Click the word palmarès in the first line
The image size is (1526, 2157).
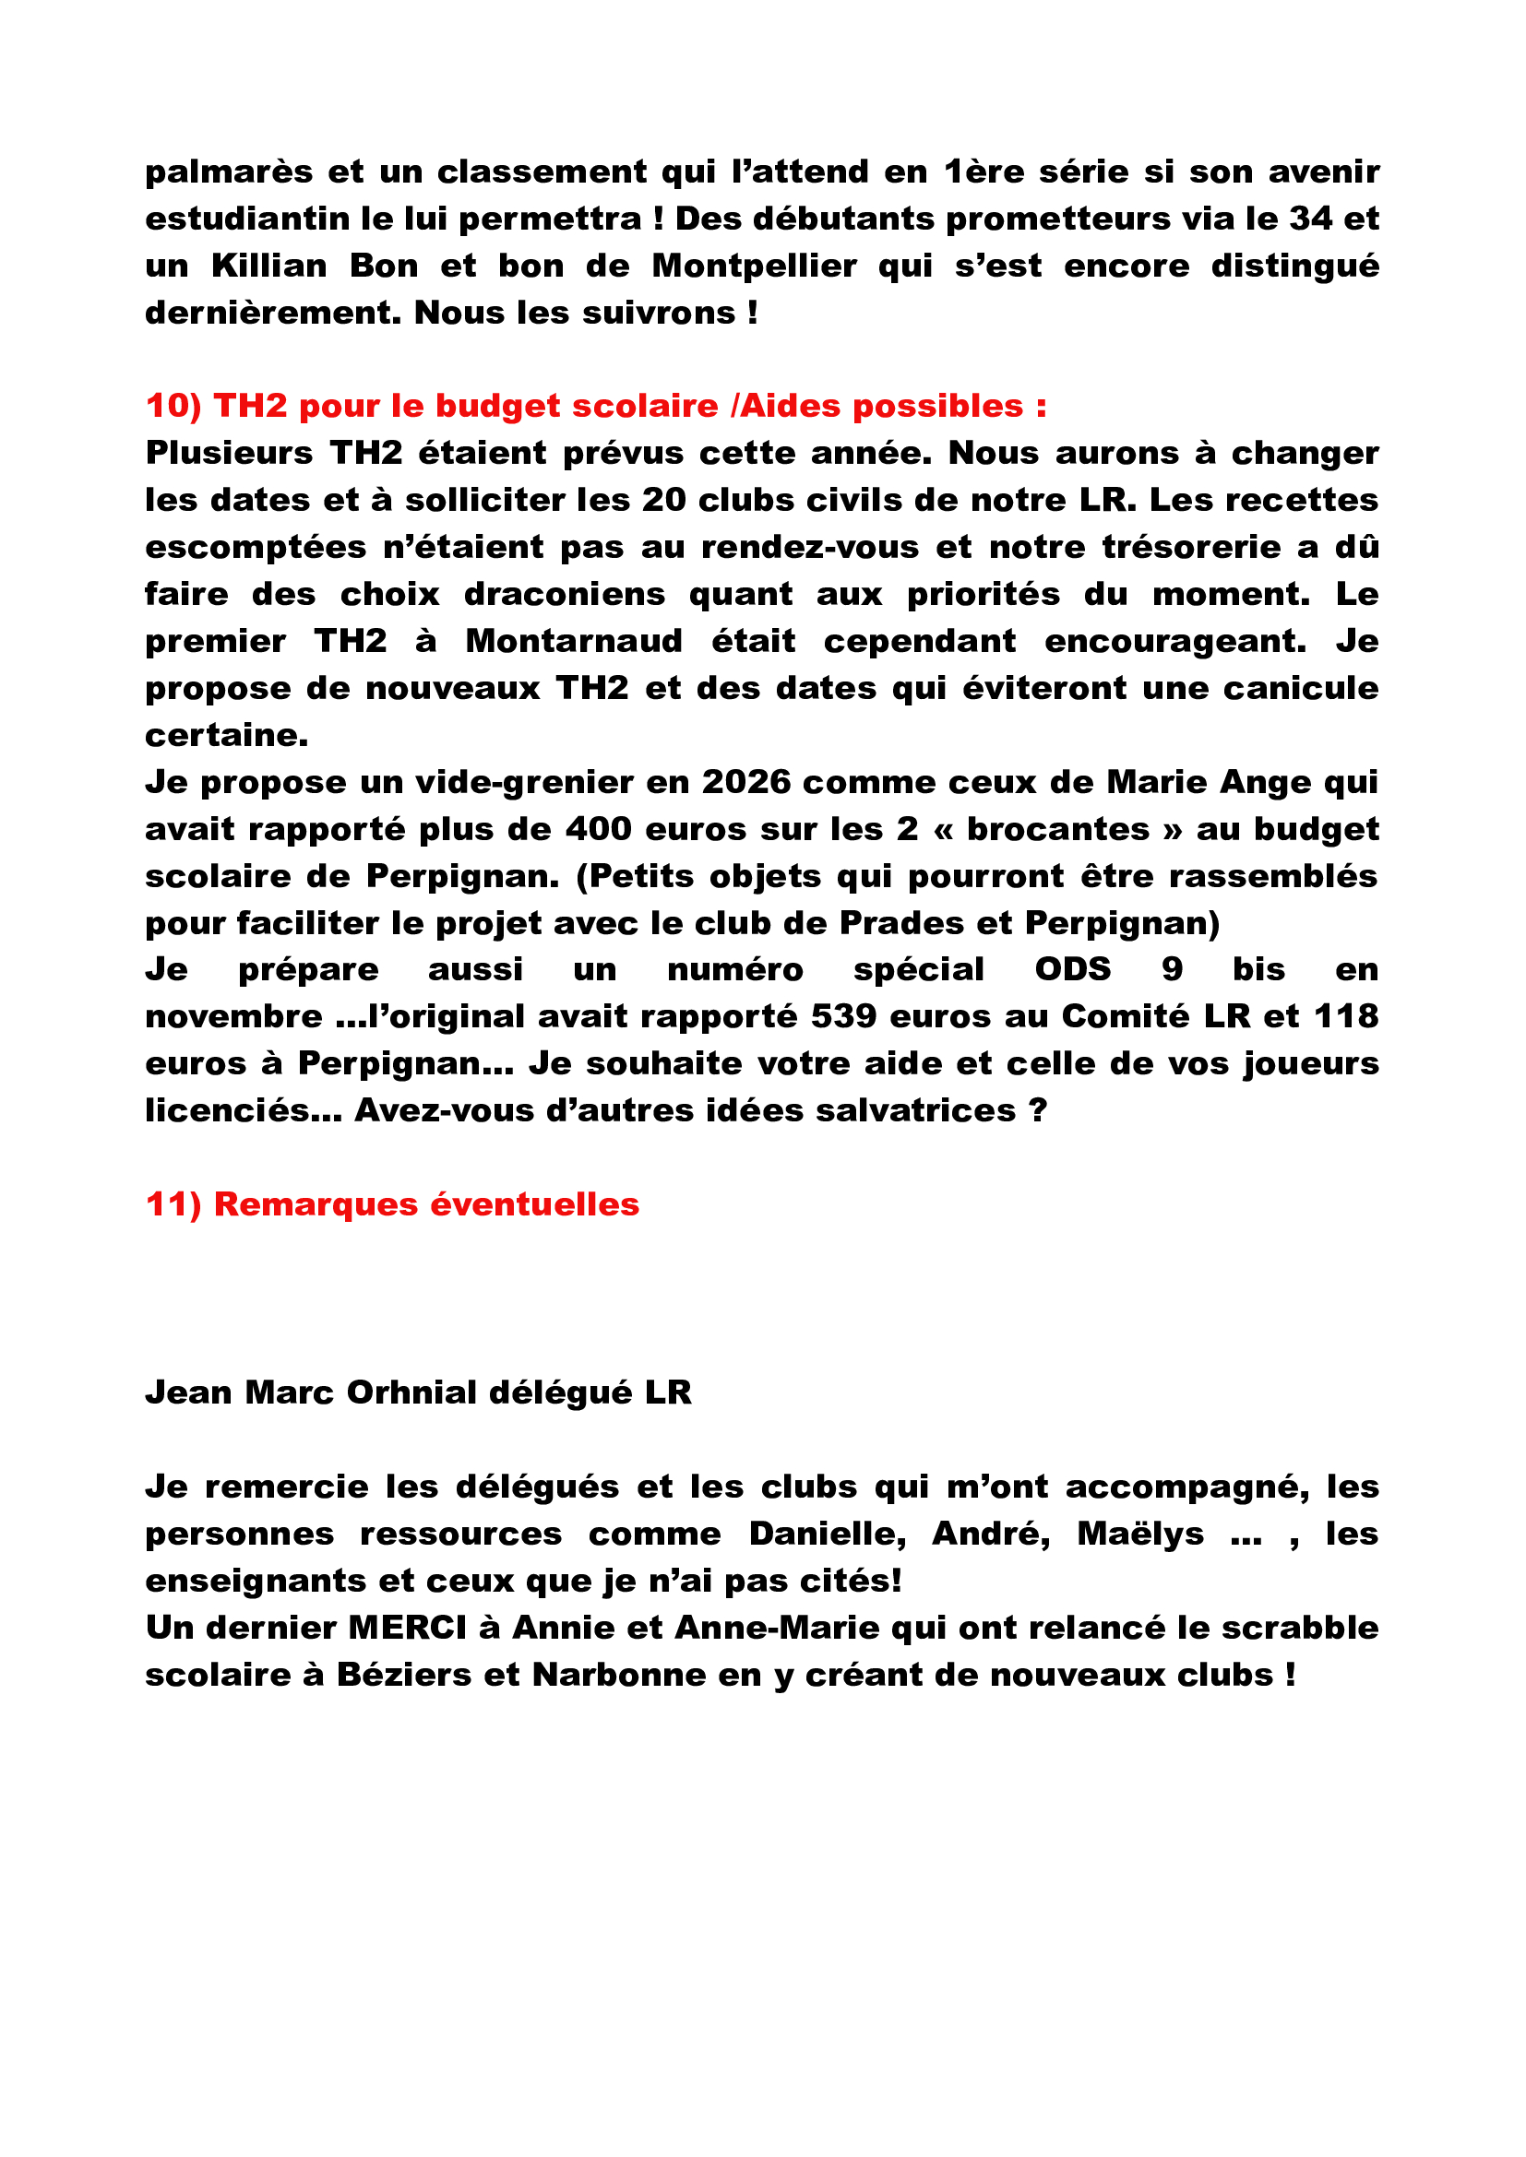228,172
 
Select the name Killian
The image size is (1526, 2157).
268,266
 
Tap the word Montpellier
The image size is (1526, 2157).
754,266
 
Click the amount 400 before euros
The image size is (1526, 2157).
598,829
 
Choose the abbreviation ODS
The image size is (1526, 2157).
1072,969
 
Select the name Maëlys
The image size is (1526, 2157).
1139,1534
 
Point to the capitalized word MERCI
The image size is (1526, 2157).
407,1627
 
